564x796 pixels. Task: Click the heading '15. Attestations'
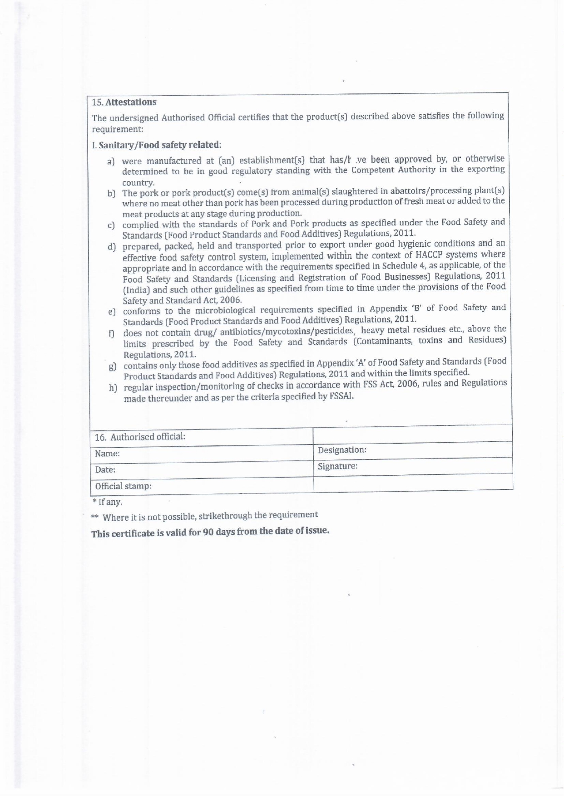124,103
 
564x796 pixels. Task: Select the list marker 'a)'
111,161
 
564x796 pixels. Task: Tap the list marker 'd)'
112,247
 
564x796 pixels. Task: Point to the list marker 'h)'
113,388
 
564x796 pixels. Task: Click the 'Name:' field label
107,454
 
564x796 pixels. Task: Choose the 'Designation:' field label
342,450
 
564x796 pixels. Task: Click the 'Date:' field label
105,470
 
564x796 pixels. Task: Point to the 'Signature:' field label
337,466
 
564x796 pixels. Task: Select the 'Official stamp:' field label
123,486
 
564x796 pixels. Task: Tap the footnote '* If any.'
107,502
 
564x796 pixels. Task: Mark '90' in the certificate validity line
208,532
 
